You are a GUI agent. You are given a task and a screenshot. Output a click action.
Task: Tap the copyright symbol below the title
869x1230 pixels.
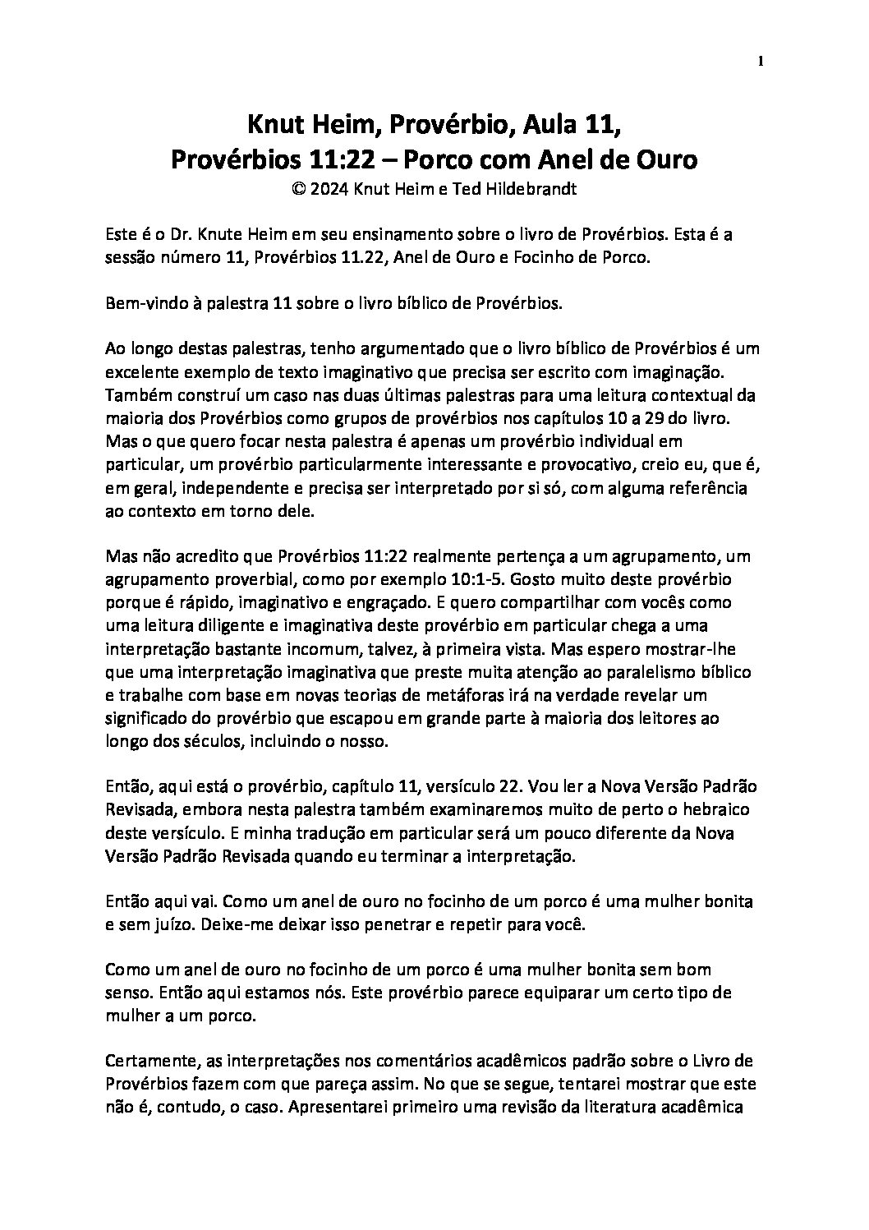click(297, 188)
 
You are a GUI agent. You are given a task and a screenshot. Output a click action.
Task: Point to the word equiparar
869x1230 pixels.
click(563, 992)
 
